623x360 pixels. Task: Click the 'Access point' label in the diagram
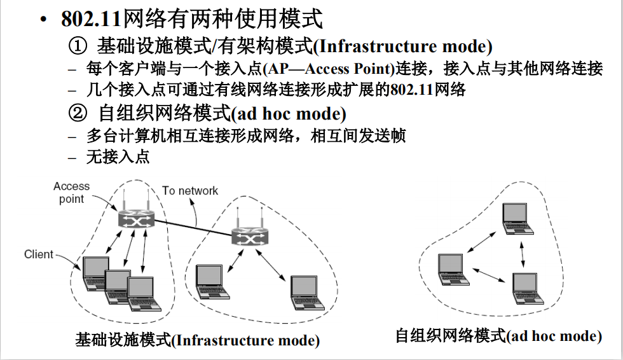(71, 192)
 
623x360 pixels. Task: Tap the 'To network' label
(189, 191)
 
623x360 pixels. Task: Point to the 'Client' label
(39, 254)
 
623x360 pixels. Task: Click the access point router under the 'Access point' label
(136, 219)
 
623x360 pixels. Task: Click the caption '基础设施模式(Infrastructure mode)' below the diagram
(197, 340)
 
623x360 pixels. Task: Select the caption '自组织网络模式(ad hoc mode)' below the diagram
(498, 335)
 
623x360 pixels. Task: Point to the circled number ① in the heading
(76, 46)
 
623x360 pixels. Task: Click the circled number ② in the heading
(76, 114)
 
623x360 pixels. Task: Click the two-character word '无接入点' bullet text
(118, 156)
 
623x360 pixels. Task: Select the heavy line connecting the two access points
(194, 228)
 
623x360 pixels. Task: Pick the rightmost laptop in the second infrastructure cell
(304, 291)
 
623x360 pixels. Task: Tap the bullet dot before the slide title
(43, 20)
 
